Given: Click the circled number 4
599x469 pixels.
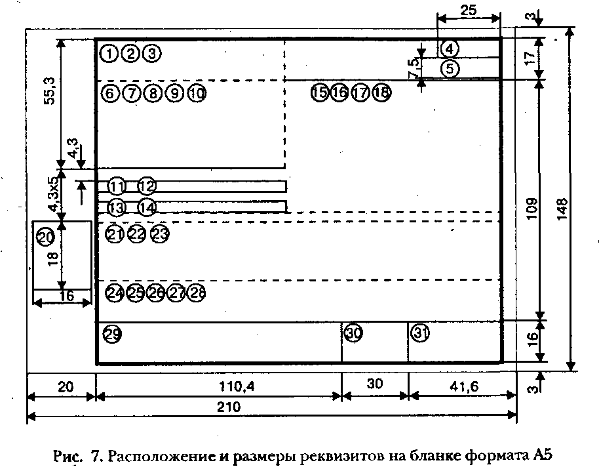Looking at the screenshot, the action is click(x=450, y=48).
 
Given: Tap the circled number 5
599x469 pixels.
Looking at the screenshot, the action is click(x=450, y=68).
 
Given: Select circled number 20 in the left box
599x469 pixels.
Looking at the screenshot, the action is click(x=45, y=237).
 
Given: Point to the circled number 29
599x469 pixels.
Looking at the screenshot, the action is click(x=113, y=335).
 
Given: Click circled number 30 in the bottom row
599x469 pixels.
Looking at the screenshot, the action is click(x=354, y=333).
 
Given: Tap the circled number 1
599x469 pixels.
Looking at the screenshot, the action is click(x=110, y=53).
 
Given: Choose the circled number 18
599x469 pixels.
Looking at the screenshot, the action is click(x=381, y=92).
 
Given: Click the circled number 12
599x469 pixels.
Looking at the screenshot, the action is click(x=147, y=186).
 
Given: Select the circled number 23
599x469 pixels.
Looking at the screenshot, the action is click(x=160, y=234).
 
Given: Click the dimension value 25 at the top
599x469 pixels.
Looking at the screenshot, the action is click(x=468, y=10).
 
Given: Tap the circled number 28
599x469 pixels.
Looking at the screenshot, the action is click(x=197, y=293).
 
